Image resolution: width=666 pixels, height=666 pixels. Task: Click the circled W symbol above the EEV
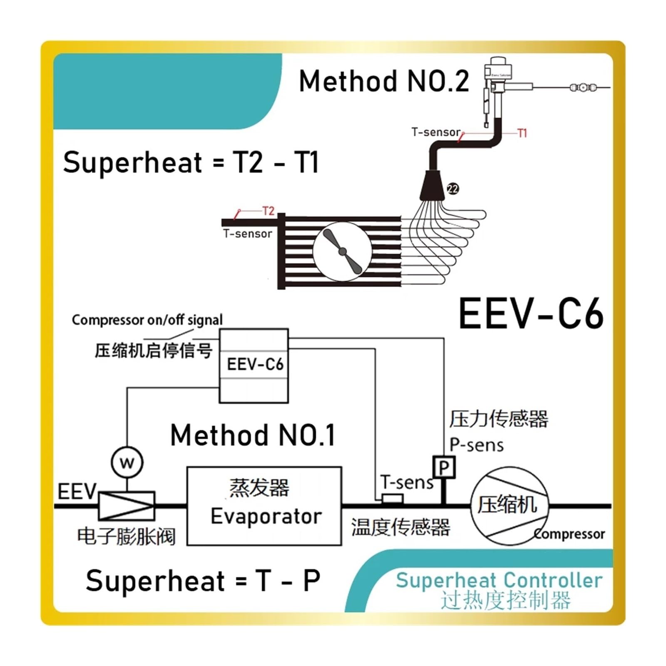pyautogui.click(x=127, y=462)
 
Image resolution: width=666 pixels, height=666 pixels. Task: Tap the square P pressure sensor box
pyautogui.click(x=444, y=467)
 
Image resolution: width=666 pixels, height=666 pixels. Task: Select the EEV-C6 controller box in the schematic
pyautogui.click(x=254, y=365)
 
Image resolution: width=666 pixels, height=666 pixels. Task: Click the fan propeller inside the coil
pyautogui.click(x=342, y=251)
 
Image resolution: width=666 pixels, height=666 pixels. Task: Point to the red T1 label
pyautogui.click(x=522, y=133)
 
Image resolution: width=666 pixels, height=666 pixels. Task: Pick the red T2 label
pyautogui.click(x=268, y=211)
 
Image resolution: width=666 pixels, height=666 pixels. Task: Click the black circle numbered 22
pyautogui.click(x=453, y=189)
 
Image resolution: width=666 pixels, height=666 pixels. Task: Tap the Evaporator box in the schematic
pyautogui.click(x=264, y=506)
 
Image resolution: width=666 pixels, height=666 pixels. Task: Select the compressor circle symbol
pyautogui.click(x=509, y=506)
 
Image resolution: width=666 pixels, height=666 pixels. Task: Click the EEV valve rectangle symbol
pyautogui.click(x=127, y=505)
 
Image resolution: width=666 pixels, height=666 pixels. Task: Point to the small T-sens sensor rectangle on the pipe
pyautogui.click(x=392, y=498)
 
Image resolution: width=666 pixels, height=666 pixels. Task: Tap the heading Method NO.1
pyautogui.click(x=253, y=435)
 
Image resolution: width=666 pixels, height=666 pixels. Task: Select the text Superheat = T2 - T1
pyautogui.click(x=191, y=162)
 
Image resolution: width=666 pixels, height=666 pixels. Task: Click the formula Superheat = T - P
pyautogui.click(x=203, y=580)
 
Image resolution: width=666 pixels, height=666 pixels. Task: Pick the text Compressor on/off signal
pyautogui.click(x=147, y=320)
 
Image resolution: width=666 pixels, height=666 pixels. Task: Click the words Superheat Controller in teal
pyautogui.click(x=499, y=580)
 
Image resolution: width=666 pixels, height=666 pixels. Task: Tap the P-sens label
pyautogui.click(x=477, y=445)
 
